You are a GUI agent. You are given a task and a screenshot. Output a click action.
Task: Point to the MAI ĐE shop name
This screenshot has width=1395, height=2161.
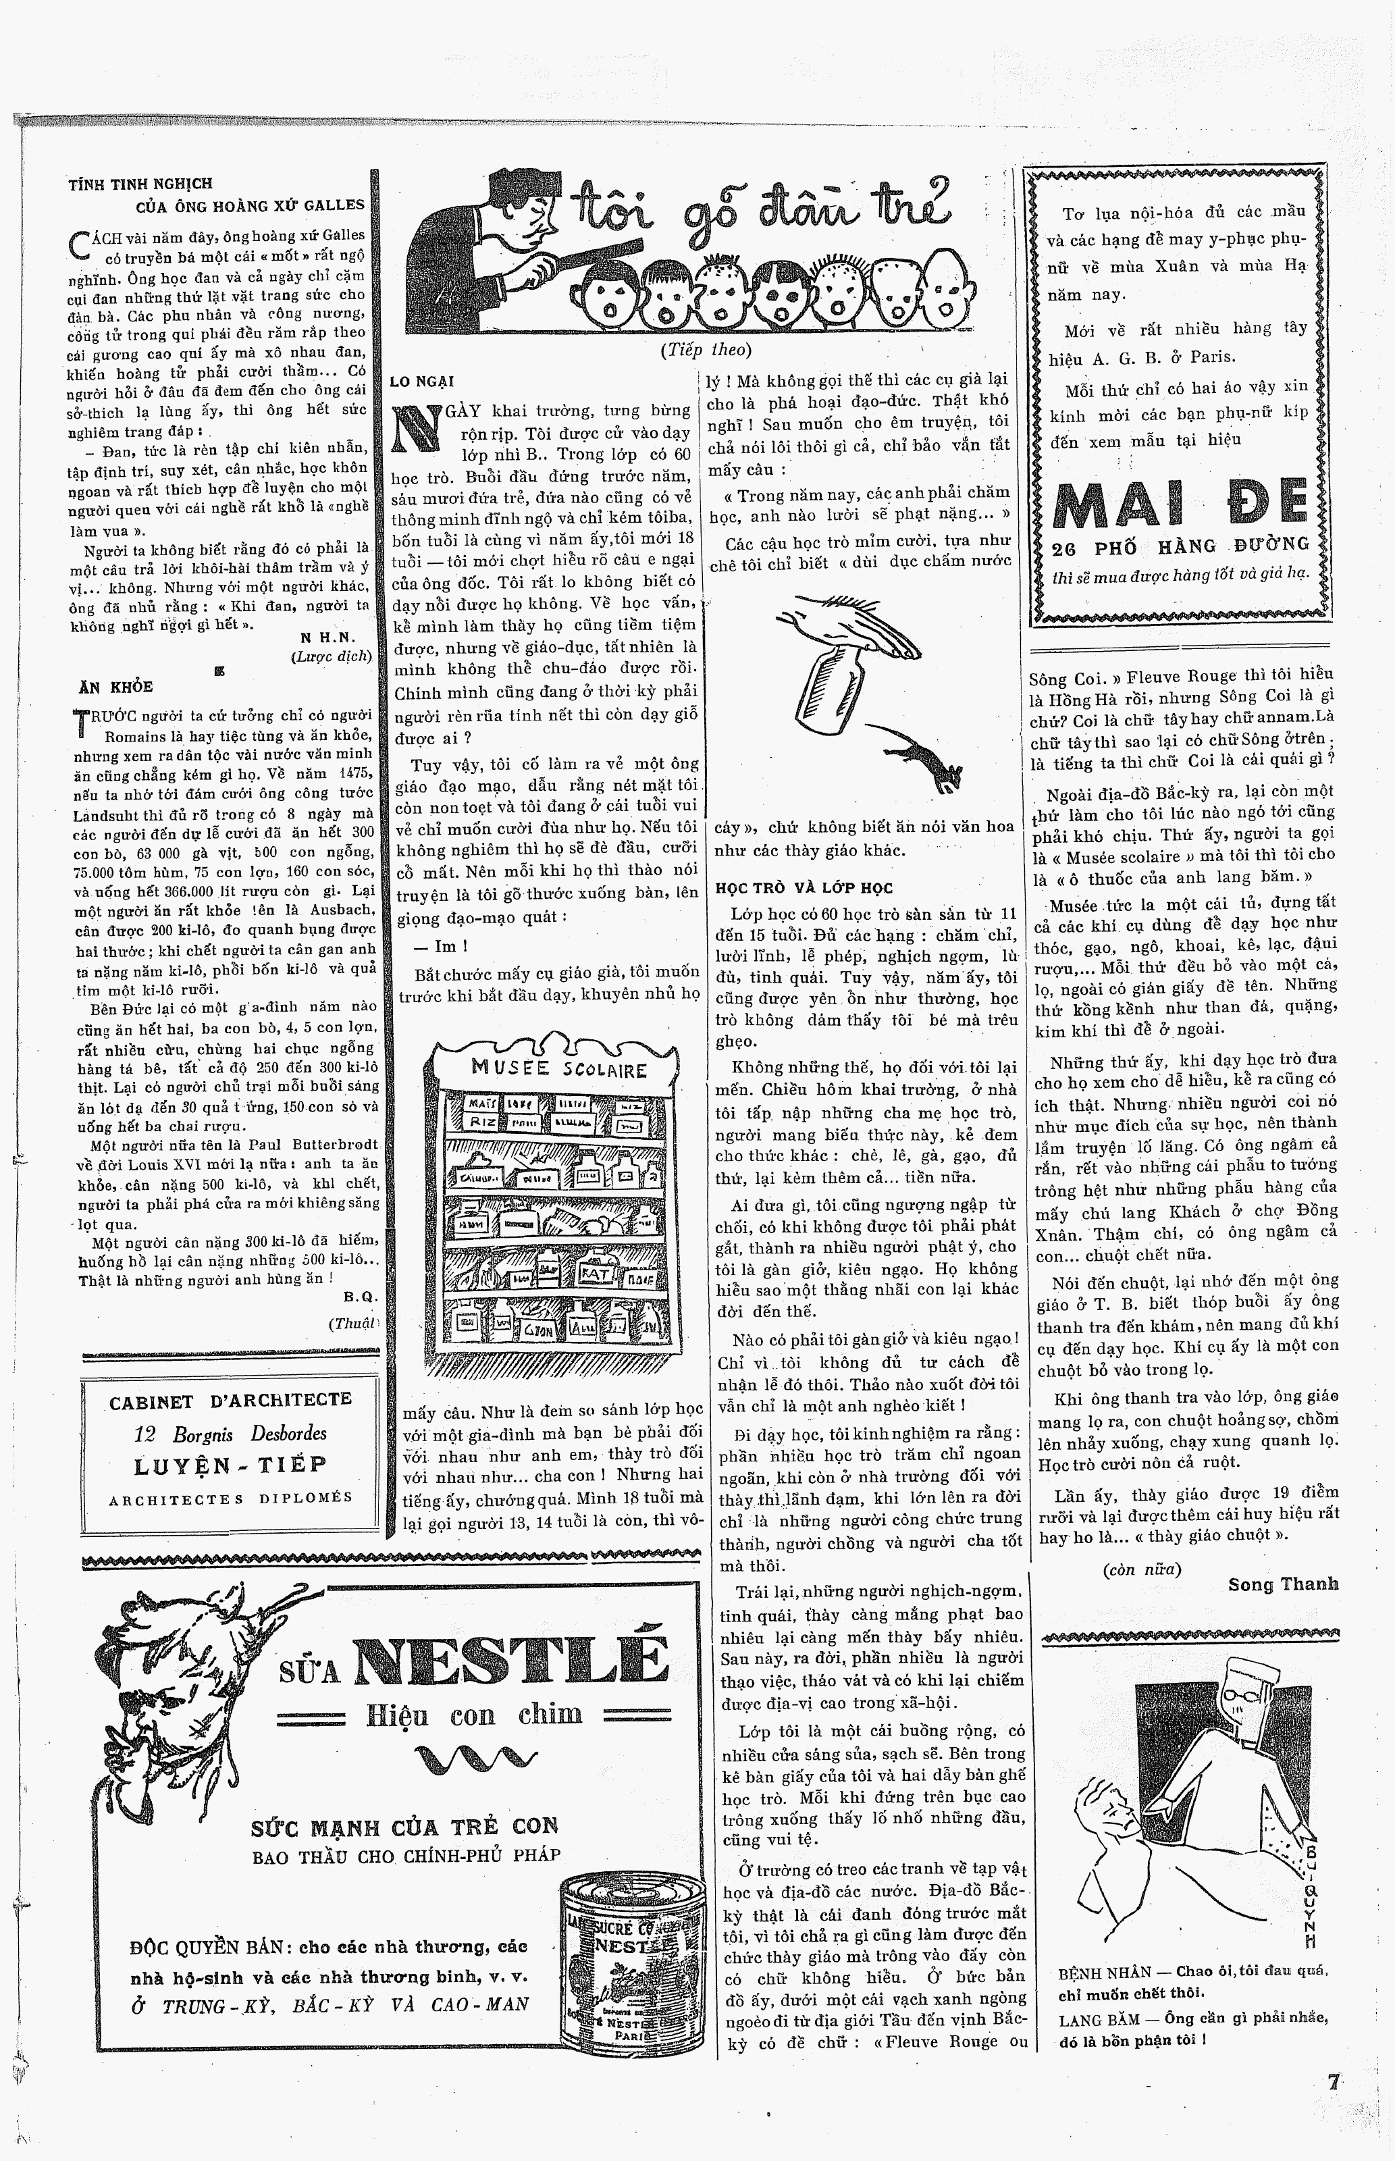pyautogui.click(x=1181, y=504)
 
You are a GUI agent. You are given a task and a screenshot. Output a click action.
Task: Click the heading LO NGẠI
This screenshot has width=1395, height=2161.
pyautogui.click(x=421, y=382)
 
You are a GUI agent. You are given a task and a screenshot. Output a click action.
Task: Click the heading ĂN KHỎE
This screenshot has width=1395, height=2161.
pyautogui.click(x=116, y=687)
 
